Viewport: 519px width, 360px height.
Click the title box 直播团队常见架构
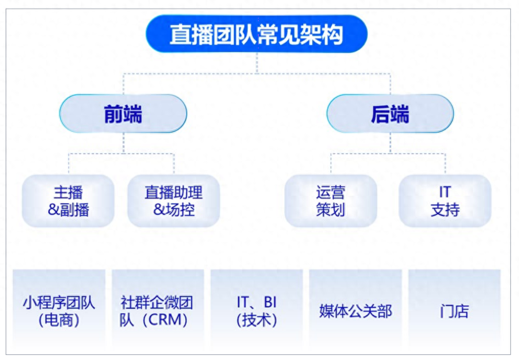tap(256, 34)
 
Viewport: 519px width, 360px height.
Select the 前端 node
tap(123, 114)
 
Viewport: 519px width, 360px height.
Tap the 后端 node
tap(390, 114)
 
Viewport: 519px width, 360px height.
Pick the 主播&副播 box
tap(68, 201)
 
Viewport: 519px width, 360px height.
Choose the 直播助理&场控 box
tap(173, 201)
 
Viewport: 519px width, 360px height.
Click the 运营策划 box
tap(331, 201)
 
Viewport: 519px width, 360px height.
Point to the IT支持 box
tap(445, 201)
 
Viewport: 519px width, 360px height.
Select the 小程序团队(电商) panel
tap(58, 311)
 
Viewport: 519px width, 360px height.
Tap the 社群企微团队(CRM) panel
tap(157, 311)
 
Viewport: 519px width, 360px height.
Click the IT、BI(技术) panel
tap(256, 311)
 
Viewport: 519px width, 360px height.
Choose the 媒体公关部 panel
tap(355, 311)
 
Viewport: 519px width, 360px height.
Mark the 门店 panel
tap(454, 311)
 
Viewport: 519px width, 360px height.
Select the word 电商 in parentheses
tap(59, 321)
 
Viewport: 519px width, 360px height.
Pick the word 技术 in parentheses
tap(257, 321)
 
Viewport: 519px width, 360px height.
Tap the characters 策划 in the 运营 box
tap(331, 210)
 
